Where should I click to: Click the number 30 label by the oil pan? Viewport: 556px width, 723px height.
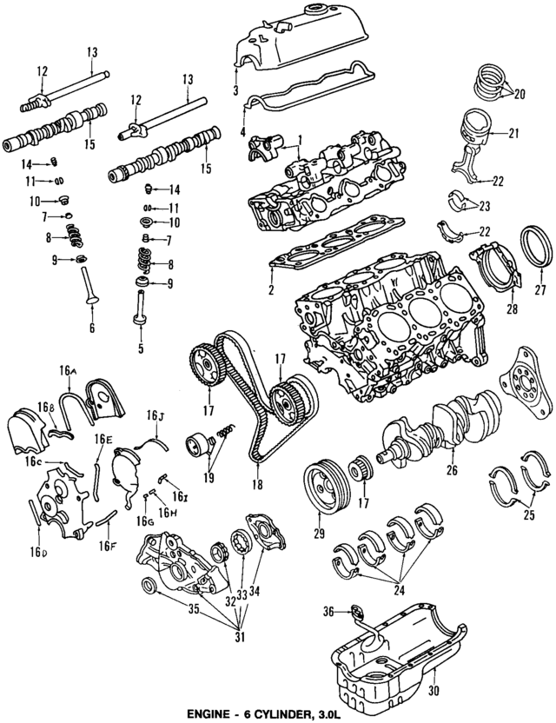[x=434, y=692]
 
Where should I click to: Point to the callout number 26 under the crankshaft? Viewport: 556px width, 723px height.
[x=451, y=470]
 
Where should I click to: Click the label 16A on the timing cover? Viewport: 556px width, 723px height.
[x=69, y=371]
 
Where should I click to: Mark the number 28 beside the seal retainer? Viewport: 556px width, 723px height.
[x=487, y=309]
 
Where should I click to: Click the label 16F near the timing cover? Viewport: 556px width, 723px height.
[x=107, y=546]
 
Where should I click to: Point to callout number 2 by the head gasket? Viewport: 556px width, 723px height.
[x=272, y=289]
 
